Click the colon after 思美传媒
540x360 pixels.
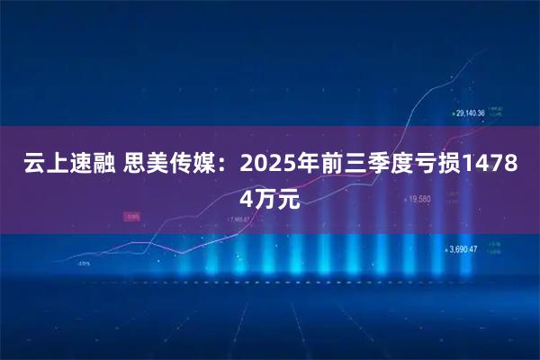tap(226, 167)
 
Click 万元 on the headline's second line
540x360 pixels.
tap(277, 199)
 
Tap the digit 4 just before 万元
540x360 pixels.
tap(247, 199)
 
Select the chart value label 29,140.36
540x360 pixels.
tap(471, 113)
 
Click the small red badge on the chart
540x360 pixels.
tap(132, 216)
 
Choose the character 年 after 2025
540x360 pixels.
tap(304, 167)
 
